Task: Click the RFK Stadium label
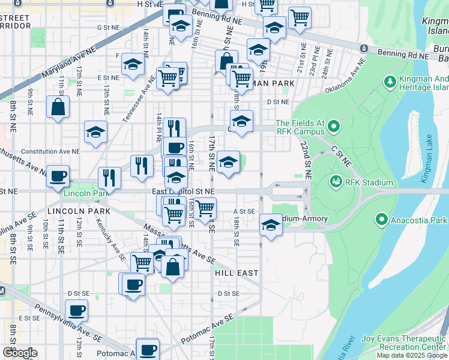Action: [x=369, y=182]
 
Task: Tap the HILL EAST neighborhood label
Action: [x=237, y=272]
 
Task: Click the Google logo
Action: [x=20, y=353]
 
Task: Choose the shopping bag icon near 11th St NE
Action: [x=58, y=107]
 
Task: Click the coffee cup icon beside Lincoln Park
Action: [x=58, y=176]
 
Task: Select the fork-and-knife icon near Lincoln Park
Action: [x=109, y=176]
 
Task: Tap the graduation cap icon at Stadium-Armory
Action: [x=271, y=226]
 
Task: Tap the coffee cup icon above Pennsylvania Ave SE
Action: [x=76, y=310]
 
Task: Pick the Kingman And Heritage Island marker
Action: [x=390, y=80]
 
